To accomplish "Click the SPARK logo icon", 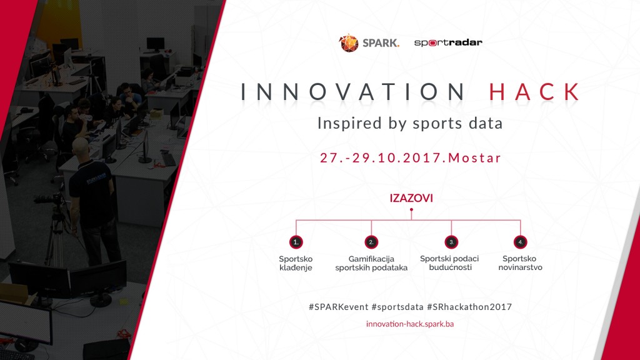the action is (x=349, y=43).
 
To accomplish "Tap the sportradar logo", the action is (x=448, y=42).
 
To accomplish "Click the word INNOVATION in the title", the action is (x=353, y=91).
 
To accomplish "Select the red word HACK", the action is (x=534, y=91).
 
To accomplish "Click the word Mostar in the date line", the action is (x=475, y=158).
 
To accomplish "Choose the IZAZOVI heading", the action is (x=411, y=198).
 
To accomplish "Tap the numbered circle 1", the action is (x=296, y=242).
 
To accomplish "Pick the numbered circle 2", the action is (x=371, y=242).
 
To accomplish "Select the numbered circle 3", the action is (x=451, y=242).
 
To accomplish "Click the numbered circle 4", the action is (x=521, y=242).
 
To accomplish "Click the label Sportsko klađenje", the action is (x=296, y=263).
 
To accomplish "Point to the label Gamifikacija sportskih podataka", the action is (x=371, y=263).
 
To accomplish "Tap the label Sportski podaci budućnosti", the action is (x=449, y=263).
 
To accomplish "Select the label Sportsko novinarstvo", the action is (x=520, y=263).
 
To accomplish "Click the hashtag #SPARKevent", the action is (x=338, y=307).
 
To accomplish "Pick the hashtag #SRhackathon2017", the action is (x=469, y=307).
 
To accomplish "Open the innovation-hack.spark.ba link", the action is (x=410, y=324).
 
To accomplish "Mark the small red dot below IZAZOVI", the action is (x=411, y=210).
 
